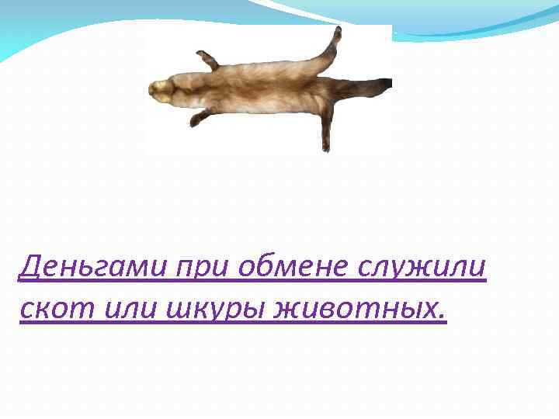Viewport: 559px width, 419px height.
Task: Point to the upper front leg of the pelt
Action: click(208, 61)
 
